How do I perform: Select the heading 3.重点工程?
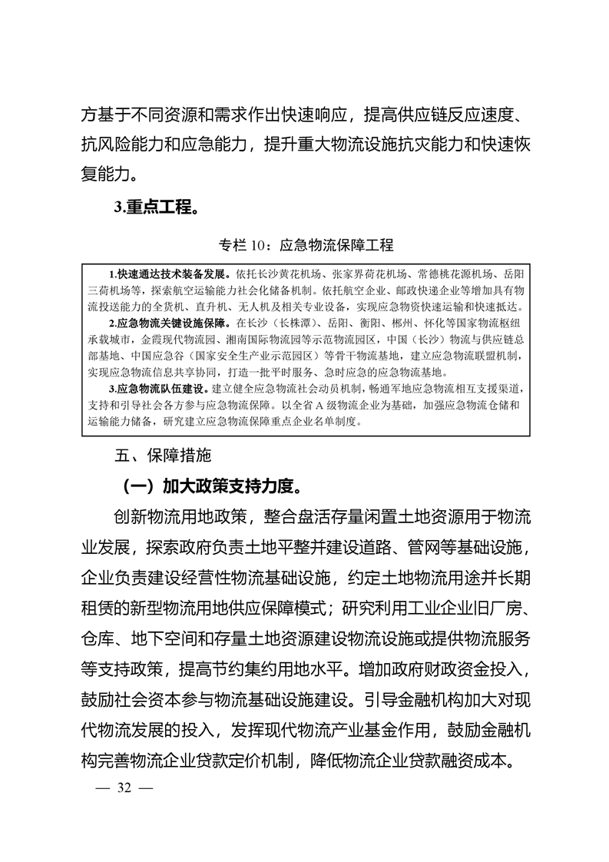point(151,207)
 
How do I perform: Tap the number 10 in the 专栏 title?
point(260,246)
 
